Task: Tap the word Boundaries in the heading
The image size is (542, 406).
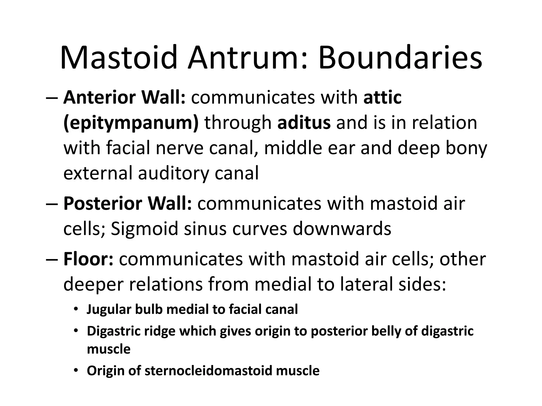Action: tap(400, 58)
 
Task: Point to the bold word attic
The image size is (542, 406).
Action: tap(382, 98)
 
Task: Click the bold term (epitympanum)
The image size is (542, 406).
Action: tap(131, 123)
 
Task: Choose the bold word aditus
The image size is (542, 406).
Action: tap(304, 123)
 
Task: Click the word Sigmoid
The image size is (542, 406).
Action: tap(144, 229)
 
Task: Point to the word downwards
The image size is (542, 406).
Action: tap(342, 229)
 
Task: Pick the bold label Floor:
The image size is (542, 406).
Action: tap(88, 259)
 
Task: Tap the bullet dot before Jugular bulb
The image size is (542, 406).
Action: tap(76, 310)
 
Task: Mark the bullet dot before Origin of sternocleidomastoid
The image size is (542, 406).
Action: tap(76, 371)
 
